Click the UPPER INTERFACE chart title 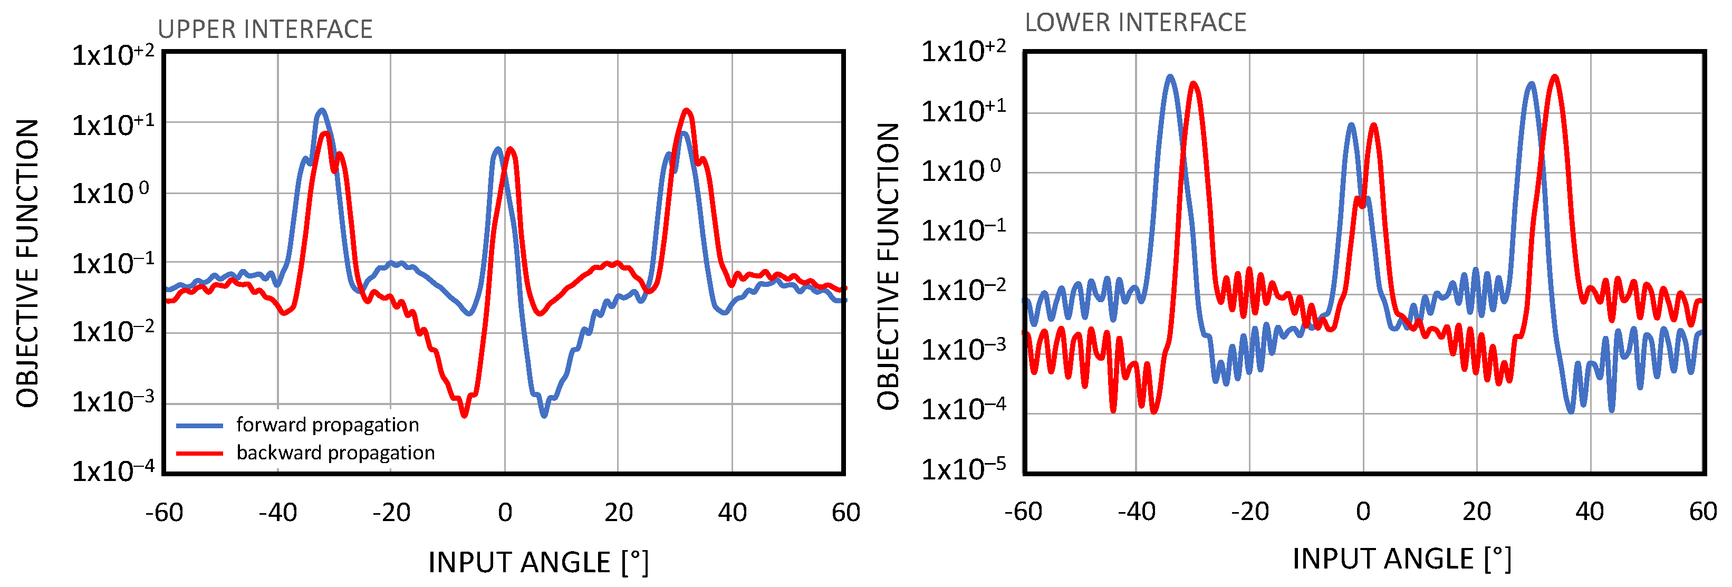(x=265, y=30)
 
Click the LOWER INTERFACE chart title (x=1135, y=23)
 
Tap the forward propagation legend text (x=328, y=425)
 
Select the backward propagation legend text (x=335, y=453)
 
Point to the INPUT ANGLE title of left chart (x=538, y=562)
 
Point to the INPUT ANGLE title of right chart (x=1402, y=559)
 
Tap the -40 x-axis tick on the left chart (x=278, y=512)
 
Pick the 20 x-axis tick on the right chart (x=1477, y=512)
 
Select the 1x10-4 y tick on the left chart (x=113, y=470)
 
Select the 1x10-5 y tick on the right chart (x=963, y=468)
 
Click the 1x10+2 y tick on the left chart (x=113, y=54)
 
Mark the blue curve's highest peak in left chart (x=322, y=110)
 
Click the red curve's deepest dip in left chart (x=464, y=416)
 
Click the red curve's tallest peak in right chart (x=1554, y=76)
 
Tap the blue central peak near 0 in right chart (x=1351, y=125)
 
